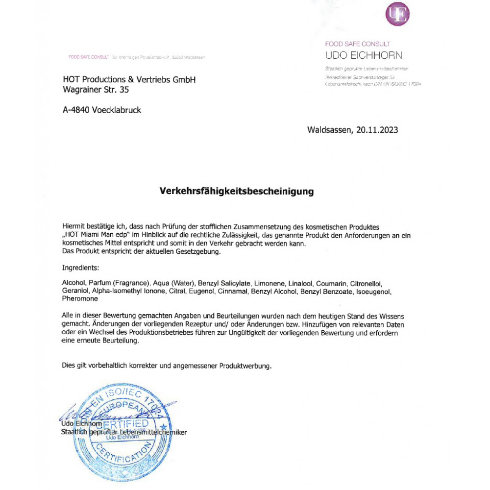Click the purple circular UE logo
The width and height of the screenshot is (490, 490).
pyautogui.click(x=397, y=14)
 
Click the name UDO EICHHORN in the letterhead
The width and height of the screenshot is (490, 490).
pyautogui.click(x=363, y=55)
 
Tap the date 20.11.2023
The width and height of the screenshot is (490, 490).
pyautogui.click(x=377, y=130)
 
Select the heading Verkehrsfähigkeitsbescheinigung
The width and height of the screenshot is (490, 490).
pyautogui.click(x=237, y=191)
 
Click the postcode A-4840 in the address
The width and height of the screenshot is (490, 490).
pyautogui.click(x=76, y=110)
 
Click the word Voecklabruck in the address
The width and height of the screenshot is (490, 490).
pyautogui.click(x=116, y=110)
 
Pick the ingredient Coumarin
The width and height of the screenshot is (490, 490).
pyautogui.click(x=332, y=284)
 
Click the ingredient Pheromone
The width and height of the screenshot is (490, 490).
pyautogui.click(x=80, y=298)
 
